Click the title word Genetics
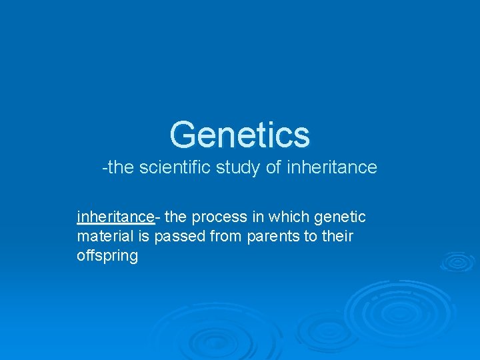click(x=240, y=135)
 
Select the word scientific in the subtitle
click(x=175, y=167)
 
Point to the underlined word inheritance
click(x=115, y=217)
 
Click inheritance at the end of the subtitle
click(x=331, y=167)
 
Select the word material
click(x=103, y=236)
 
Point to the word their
click(x=337, y=236)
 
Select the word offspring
click(x=107, y=256)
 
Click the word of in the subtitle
click(x=273, y=167)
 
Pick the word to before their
click(x=311, y=236)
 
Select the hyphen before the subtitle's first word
click(x=104, y=168)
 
